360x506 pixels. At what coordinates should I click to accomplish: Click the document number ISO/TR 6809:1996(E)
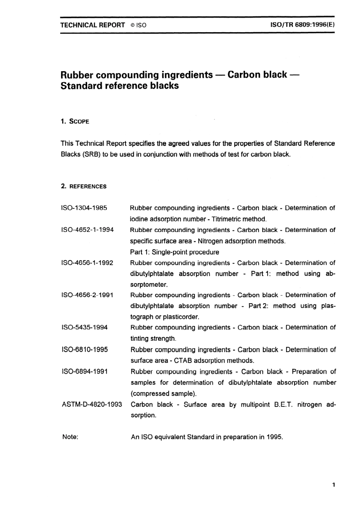coord(302,25)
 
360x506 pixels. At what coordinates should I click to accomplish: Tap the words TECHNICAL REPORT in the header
coord(92,25)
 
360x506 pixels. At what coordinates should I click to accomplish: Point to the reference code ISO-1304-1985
coord(84,208)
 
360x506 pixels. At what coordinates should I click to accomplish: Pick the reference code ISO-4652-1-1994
coord(87,230)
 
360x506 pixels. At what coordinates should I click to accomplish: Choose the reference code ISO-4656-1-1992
coord(87,263)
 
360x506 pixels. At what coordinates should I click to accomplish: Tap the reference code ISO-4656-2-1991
coord(87,295)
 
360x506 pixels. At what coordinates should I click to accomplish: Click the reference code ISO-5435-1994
coord(85,327)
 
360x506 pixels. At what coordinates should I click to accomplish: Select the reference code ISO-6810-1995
coord(85,349)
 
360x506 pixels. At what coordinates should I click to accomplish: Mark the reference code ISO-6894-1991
coord(85,371)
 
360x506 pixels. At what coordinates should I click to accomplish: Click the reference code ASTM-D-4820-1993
coord(92,404)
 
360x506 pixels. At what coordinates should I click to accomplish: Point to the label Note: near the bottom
coord(70,437)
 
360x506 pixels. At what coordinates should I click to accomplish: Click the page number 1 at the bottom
coord(333,485)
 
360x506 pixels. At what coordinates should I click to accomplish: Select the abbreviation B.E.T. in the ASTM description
coord(283,404)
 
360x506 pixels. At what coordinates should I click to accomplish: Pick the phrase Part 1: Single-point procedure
coord(174,252)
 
